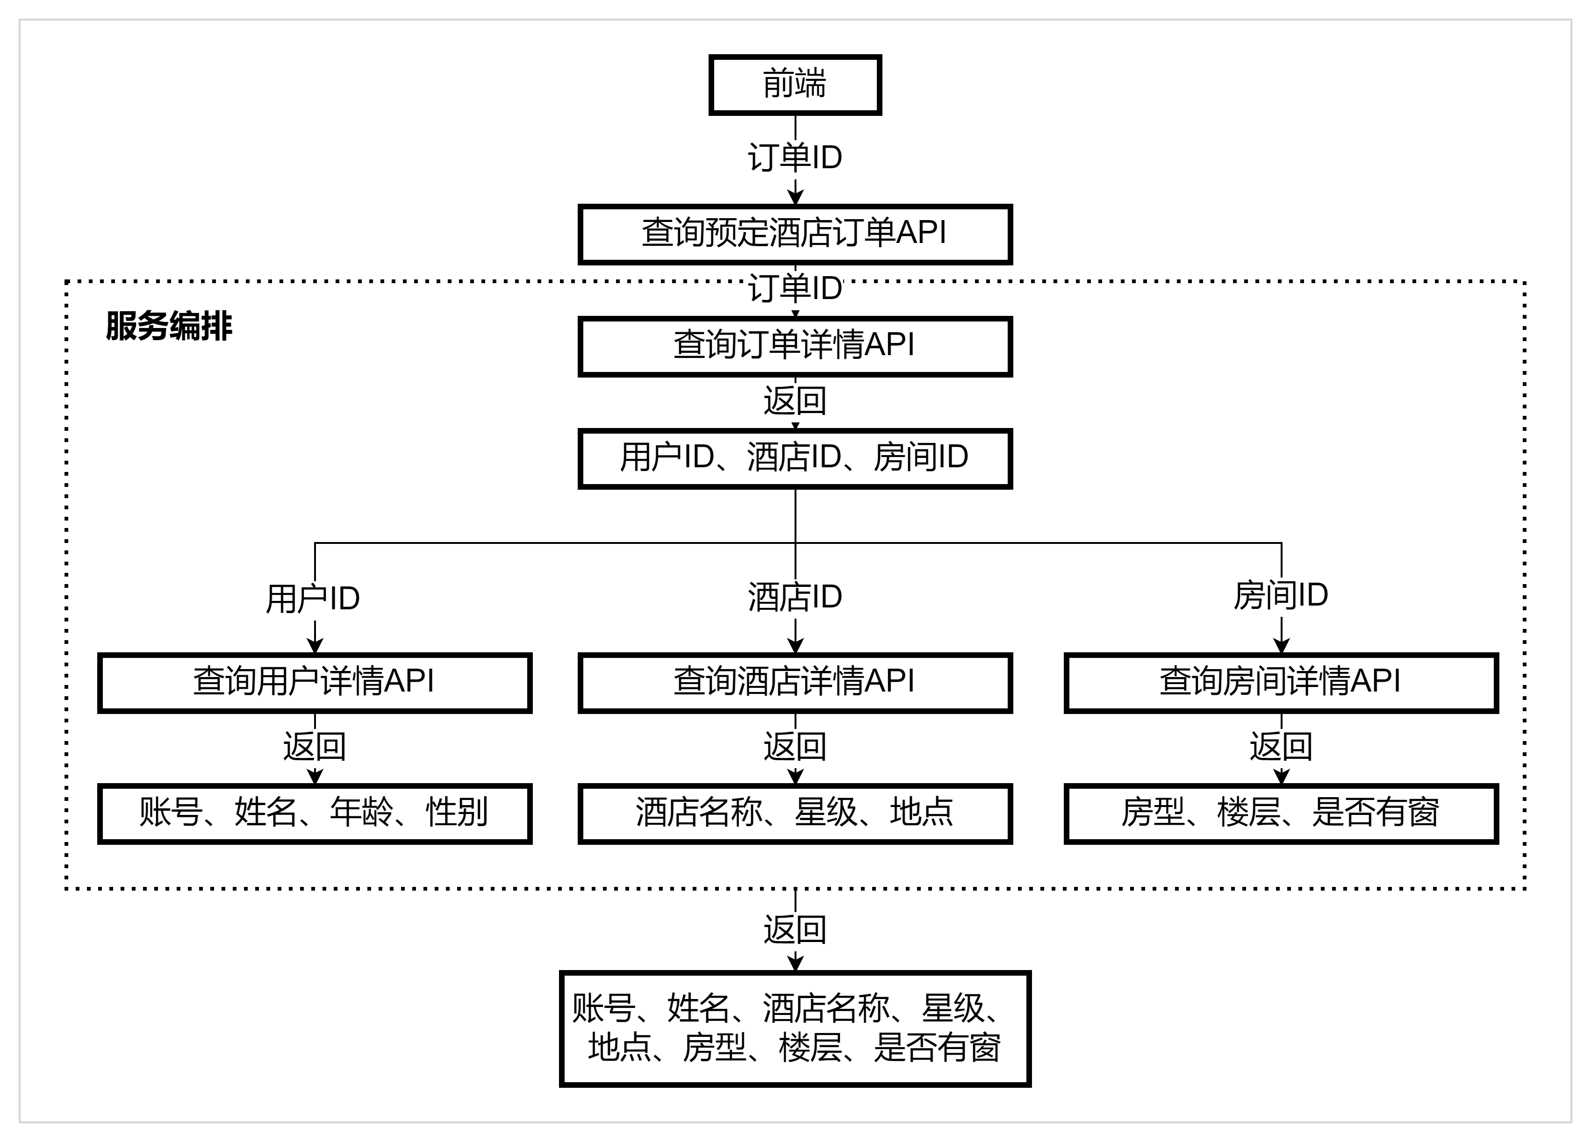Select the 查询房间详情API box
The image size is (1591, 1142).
1281,683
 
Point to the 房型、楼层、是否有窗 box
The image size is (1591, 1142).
1281,814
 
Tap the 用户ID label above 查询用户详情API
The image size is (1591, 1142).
313,599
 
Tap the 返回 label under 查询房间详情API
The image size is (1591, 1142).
1281,746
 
